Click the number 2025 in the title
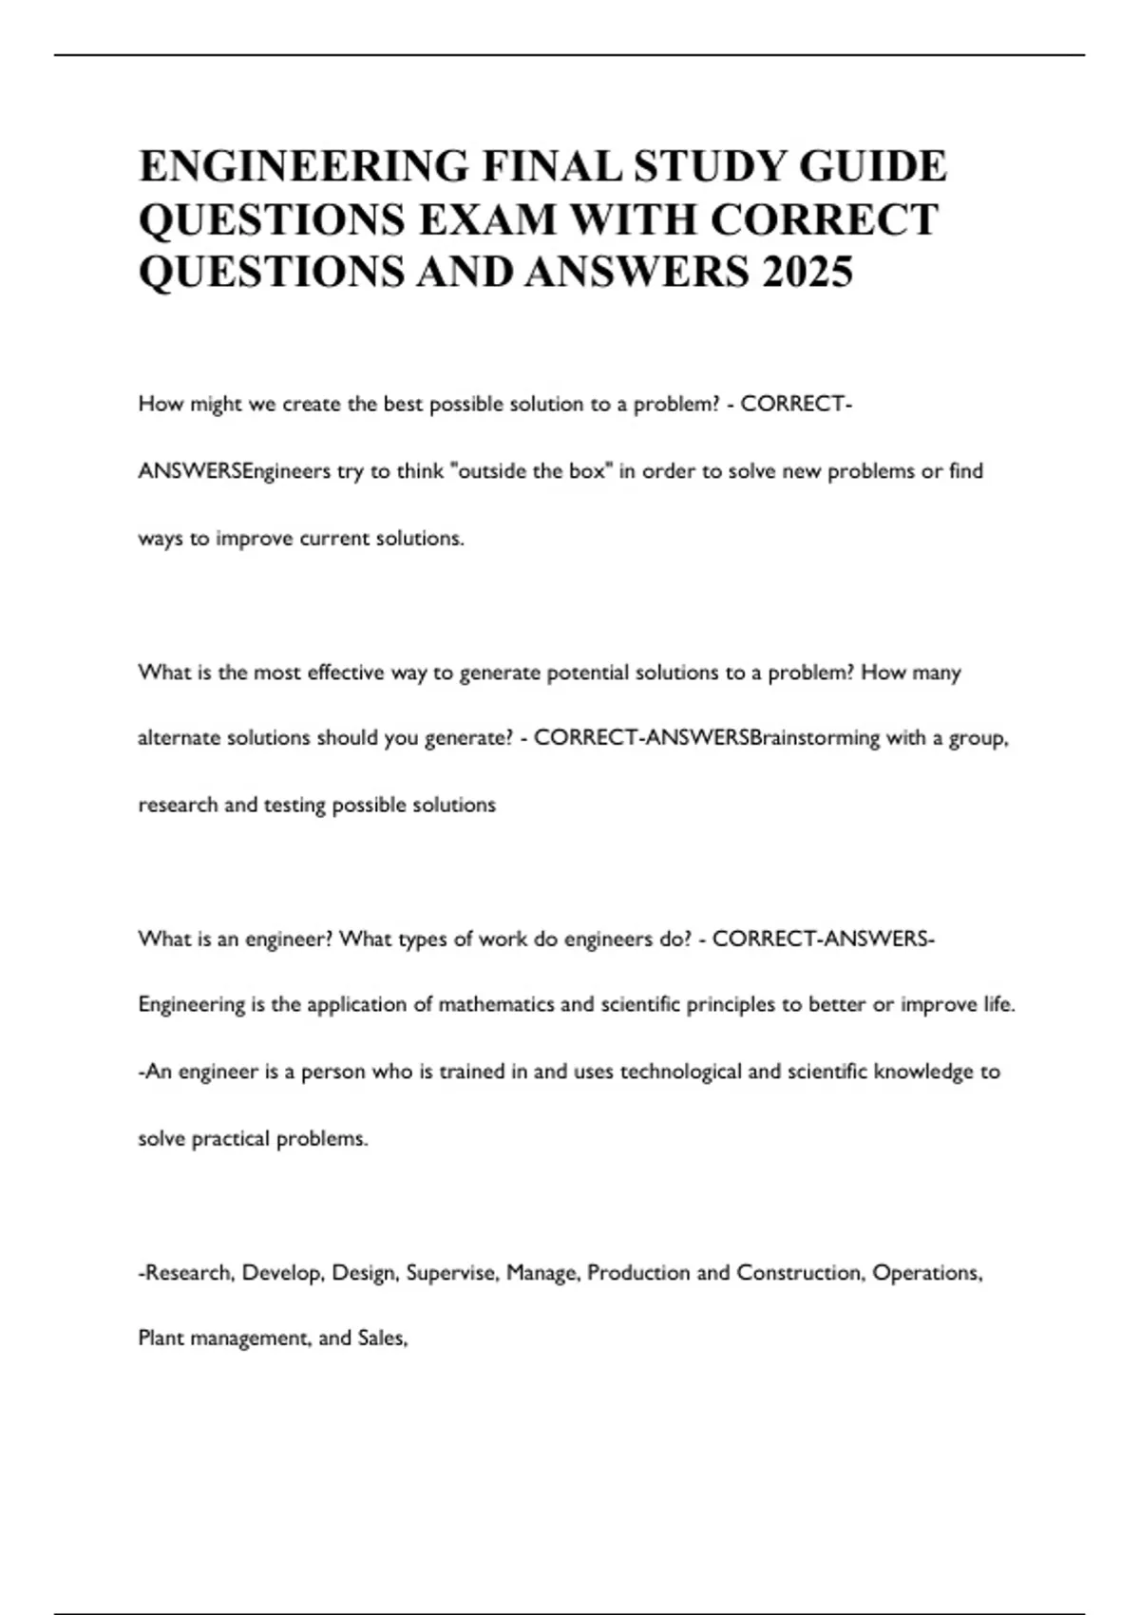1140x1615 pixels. click(x=807, y=272)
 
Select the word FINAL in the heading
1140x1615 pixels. click(x=550, y=166)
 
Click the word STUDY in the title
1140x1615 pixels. click(x=709, y=166)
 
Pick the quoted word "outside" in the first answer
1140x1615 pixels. click(x=493, y=471)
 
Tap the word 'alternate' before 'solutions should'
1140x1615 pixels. click(x=179, y=738)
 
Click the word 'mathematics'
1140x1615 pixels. click(x=497, y=1004)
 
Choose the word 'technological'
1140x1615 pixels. click(x=680, y=1072)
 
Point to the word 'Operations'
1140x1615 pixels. click(x=926, y=1272)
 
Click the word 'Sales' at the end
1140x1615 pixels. click(x=381, y=1339)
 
